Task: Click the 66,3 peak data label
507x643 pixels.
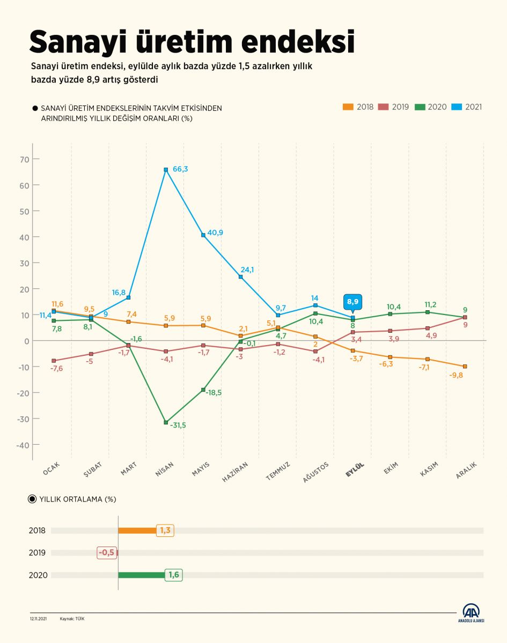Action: click(181, 169)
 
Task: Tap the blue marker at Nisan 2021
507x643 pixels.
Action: click(166, 170)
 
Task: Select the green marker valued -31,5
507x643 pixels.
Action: click(166, 422)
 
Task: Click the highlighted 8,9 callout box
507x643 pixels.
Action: click(352, 302)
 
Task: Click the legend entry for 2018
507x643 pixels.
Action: click(359, 107)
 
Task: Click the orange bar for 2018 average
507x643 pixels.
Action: click(137, 531)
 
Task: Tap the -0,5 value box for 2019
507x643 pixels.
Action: click(106, 552)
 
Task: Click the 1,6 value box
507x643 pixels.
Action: click(174, 575)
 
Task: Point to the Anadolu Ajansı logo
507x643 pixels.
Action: click(471, 613)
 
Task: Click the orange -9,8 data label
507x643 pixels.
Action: click(457, 375)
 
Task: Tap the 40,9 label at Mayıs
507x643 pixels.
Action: click(215, 233)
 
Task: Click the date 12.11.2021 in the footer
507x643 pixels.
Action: click(39, 618)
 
